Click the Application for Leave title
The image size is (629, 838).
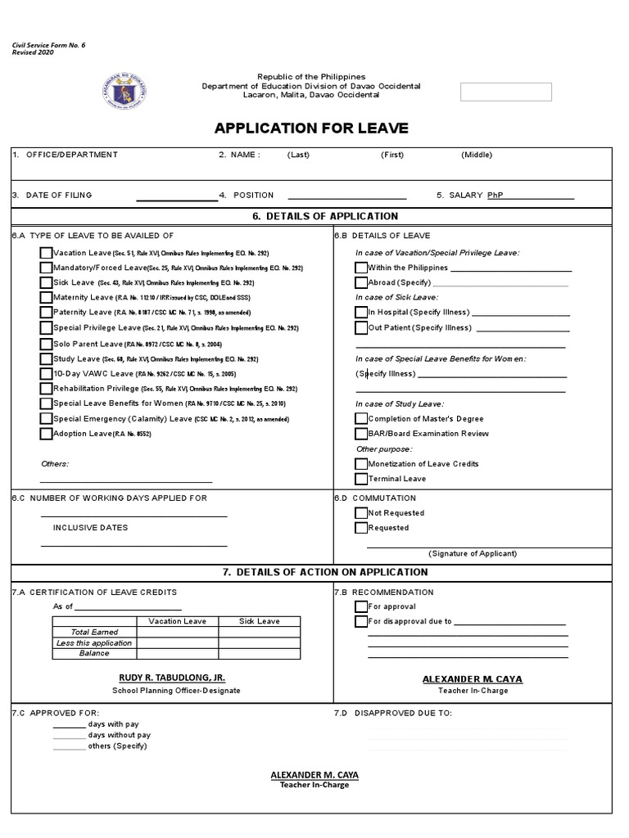tap(311, 128)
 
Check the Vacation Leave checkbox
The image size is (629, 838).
tap(46, 253)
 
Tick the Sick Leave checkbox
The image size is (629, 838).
tap(46, 282)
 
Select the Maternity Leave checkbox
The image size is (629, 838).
tap(46, 297)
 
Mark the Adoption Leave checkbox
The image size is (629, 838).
tap(46, 434)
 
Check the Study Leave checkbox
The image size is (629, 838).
tap(46, 358)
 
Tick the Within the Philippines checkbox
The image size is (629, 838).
tap(361, 268)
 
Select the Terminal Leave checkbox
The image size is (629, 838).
tap(361, 479)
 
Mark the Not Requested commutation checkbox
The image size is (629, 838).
tap(361, 513)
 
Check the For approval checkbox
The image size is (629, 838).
tap(361, 606)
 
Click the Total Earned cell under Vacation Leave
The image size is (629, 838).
tap(176, 632)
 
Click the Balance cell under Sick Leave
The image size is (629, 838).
tap(259, 653)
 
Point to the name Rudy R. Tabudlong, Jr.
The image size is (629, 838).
tap(172, 678)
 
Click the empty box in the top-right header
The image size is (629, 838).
tap(505, 92)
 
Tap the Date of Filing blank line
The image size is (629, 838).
tap(176, 197)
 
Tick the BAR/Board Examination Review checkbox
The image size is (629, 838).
tap(361, 434)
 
